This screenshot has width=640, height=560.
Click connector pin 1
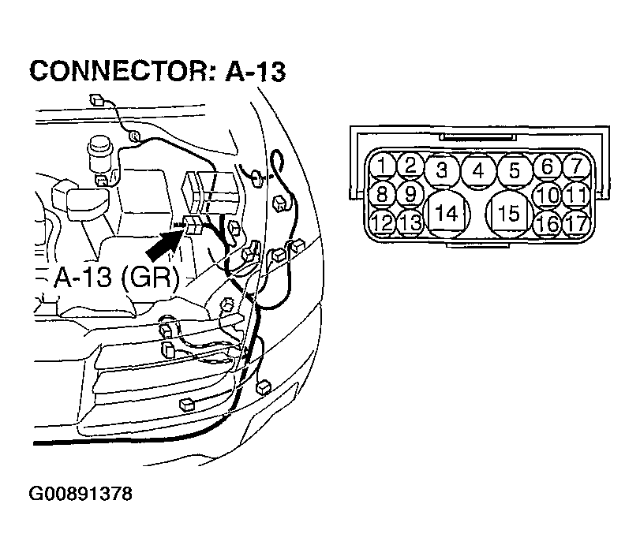(x=382, y=166)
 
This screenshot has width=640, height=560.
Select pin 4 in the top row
(x=479, y=171)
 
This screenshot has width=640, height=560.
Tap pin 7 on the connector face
(x=576, y=166)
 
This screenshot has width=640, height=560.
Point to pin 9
(x=410, y=194)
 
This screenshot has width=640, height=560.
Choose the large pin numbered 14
(x=447, y=214)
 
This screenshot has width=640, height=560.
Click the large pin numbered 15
(x=509, y=214)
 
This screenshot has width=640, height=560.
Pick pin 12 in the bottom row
(x=382, y=222)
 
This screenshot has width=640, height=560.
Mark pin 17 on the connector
(x=576, y=223)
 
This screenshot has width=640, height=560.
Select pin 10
(x=548, y=195)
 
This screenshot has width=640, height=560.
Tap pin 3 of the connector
(x=442, y=170)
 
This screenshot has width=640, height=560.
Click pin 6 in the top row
(x=548, y=166)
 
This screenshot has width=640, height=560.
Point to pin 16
(x=548, y=223)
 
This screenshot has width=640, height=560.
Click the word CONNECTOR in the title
(x=122, y=71)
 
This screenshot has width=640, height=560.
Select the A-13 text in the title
(x=256, y=71)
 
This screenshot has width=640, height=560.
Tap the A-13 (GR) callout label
(x=117, y=278)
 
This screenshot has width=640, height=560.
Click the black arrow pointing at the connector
(x=164, y=245)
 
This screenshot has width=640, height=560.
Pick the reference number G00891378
(x=80, y=494)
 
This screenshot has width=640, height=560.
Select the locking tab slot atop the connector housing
(x=477, y=137)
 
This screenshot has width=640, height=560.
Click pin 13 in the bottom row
(x=410, y=222)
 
